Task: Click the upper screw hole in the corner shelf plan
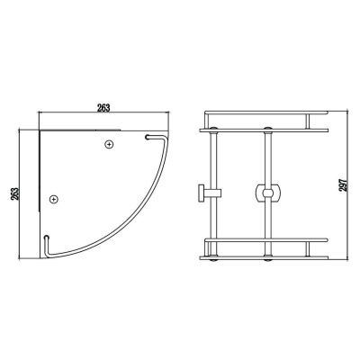tap(110, 143)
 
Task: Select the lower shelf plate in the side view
tap(265, 253)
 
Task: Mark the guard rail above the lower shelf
tap(265, 240)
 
